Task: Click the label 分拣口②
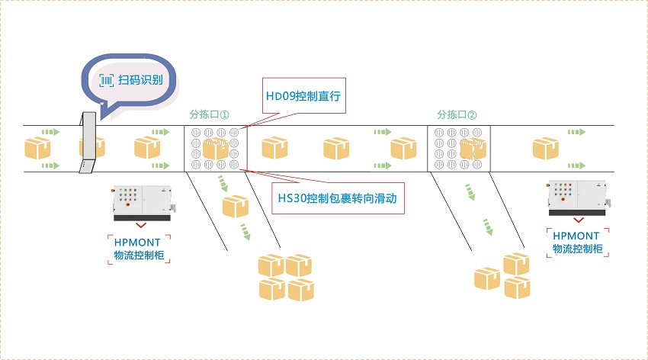click(457, 115)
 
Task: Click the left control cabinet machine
click(143, 201)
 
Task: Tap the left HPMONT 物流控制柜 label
click(140, 249)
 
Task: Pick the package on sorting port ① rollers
click(216, 148)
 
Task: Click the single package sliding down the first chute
click(236, 206)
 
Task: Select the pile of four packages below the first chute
click(286, 277)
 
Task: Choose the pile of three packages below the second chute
click(504, 275)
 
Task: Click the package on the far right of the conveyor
click(546, 147)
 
